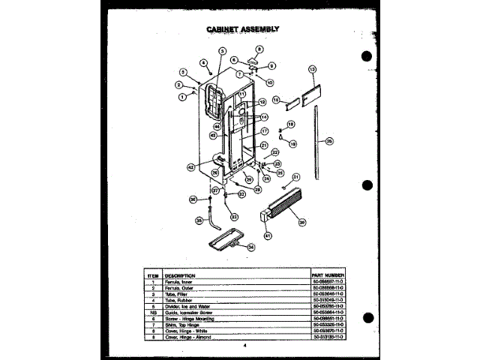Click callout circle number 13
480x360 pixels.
(311, 69)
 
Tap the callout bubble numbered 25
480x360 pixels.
(329, 140)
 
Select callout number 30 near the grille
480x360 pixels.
(301, 221)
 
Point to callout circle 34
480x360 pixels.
(250, 247)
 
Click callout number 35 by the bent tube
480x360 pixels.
(199, 220)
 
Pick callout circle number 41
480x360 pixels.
(268, 235)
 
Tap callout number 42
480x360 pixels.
(190, 166)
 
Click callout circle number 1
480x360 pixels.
(181, 96)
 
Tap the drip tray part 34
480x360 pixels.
(227, 239)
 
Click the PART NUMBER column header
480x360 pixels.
(328, 275)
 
